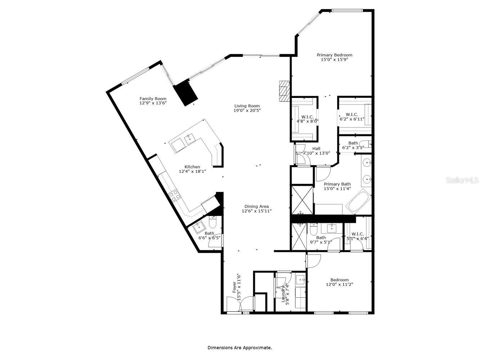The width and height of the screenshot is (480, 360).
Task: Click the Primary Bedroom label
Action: [x=334, y=55]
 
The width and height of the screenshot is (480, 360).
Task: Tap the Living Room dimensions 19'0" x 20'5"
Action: [x=247, y=111]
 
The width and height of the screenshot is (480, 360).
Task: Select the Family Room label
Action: [x=153, y=99]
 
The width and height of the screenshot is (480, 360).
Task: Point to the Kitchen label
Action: [x=192, y=167]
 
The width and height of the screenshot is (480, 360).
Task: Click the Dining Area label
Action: [x=256, y=206]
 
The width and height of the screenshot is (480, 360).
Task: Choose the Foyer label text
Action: [x=234, y=287]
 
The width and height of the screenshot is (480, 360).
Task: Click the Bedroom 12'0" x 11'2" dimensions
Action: [x=339, y=284]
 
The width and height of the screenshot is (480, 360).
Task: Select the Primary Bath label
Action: [x=337, y=184]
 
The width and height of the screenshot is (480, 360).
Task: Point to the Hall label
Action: [x=316, y=148]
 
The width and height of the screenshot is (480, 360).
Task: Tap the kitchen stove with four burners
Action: [x=174, y=196]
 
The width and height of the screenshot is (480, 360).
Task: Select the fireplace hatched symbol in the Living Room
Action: [x=284, y=90]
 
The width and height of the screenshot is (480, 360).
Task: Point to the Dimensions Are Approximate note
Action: [x=239, y=348]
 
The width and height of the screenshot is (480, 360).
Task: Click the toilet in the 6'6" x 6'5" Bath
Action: [x=212, y=223]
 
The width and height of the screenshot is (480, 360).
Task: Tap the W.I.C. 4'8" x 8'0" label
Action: [x=307, y=117]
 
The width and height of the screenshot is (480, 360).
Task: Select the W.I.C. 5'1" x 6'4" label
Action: [x=357, y=234]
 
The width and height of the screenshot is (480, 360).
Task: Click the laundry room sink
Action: [x=300, y=279]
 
